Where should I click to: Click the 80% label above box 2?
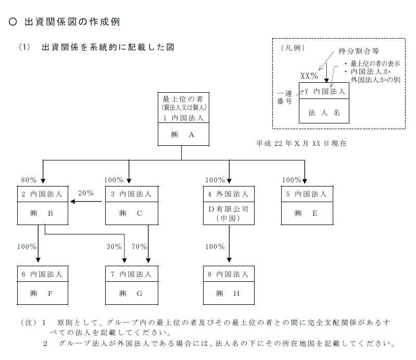[29, 180]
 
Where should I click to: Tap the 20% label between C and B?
[85, 193]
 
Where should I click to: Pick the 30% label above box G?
[114, 246]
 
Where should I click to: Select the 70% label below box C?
[139, 246]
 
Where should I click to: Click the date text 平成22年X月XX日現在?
[301, 143]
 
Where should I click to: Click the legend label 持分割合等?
[359, 52]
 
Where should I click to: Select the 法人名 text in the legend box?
[324, 112]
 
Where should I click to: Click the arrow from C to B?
[86, 203]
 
